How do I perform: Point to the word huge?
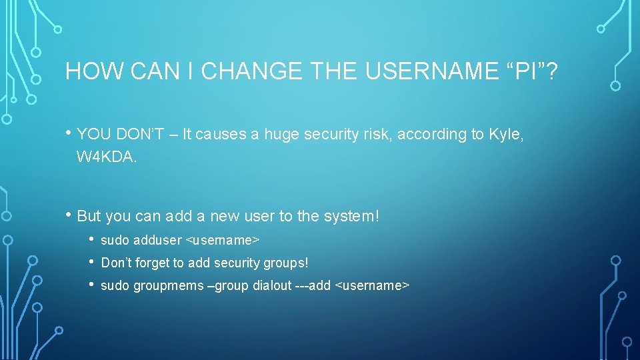pyautogui.click(x=283, y=135)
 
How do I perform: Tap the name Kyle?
pyautogui.click(x=506, y=135)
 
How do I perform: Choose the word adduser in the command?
pyautogui.click(x=157, y=240)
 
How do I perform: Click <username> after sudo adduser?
pyautogui.click(x=222, y=240)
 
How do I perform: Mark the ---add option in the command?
pyautogui.click(x=313, y=286)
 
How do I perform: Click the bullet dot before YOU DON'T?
pyautogui.click(x=69, y=133)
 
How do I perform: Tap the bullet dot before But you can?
pyautogui.click(x=69, y=215)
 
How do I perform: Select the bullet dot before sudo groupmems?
pyautogui.click(x=92, y=285)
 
